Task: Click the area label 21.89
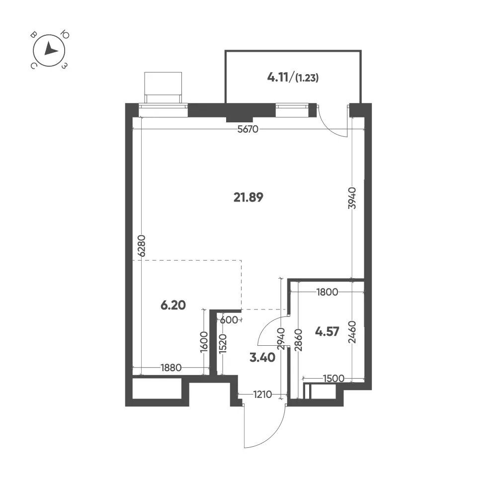[x=248, y=198]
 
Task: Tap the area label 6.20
[x=173, y=305]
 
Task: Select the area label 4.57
[x=327, y=331]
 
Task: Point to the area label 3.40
[x=262, y=358]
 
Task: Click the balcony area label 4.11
[x=278, y=77]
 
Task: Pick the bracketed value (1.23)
[x=307, y=78]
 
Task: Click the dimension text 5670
[x=248, y=129]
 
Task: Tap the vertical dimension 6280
[x=142, y=246]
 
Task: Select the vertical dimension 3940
[x=352, y=198]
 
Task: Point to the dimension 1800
[x=327, y=292]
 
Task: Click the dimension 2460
[x=352, y=332]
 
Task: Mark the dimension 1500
[x=333, y=379]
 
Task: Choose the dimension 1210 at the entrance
[x=262, y=395]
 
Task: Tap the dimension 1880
[x=171, y=368]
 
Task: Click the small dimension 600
[x=229, y=320]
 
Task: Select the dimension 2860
[x=298, y=340]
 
